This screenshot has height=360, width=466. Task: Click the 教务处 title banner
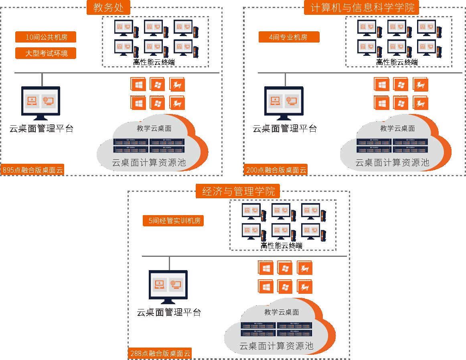(x=108, y=7)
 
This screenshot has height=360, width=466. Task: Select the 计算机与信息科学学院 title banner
(x=361, y=7)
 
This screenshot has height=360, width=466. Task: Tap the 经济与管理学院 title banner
(x=237, y=191)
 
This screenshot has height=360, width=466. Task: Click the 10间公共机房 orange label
(x=46, y=37)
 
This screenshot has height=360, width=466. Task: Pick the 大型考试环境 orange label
(x=46, y=53)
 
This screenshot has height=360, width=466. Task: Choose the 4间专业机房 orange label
(x=289, y=37)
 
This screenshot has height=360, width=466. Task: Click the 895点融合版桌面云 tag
(x=33, y=170)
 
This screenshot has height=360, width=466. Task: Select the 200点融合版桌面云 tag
(x=276, y=170)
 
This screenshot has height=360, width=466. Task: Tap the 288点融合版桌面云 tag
(x=160, y=354)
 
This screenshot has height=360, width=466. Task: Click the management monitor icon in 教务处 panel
(x=41, y=102)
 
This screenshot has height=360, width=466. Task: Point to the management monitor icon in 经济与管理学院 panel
(x=168, y=286)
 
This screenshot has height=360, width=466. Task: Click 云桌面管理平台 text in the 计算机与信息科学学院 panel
(x=285, y=129)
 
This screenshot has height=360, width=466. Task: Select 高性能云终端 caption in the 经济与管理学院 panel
(x=282, y=246)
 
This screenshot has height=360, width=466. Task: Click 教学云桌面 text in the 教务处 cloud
(x=154, y=128)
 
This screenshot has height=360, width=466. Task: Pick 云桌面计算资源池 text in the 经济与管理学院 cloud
(x=276, y=346)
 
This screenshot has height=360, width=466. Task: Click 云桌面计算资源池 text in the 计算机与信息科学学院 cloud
(x=392, y=163)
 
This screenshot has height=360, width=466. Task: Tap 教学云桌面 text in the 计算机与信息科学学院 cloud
(x=397, y=128)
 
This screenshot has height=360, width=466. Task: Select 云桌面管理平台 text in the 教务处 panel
(x=41, y=129)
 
